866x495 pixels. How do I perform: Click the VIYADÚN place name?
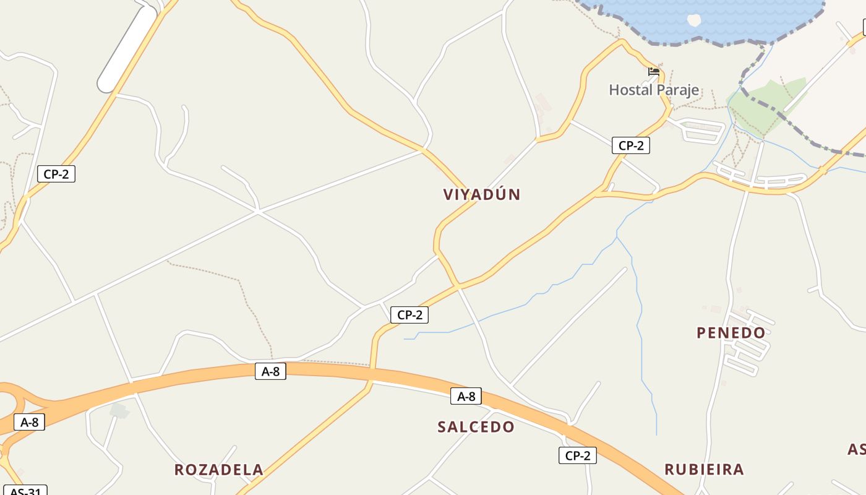(x=482, y=194)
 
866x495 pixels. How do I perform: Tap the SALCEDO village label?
(x=476, y=427)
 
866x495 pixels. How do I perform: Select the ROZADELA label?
(x=219, y=470)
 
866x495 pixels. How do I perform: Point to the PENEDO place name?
(x=731, y=333)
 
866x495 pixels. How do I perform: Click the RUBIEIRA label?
(x=704, y=469)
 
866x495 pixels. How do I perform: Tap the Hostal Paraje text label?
(x=654, y=90)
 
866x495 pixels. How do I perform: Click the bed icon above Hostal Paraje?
(x=654, y=72)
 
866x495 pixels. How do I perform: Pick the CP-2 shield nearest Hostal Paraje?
(x=631, y=145)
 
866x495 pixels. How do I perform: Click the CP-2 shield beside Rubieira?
(x=578, y=456)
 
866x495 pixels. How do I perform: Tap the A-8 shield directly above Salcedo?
(x=466, y=396)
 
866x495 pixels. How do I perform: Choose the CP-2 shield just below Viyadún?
(x=409, y=315)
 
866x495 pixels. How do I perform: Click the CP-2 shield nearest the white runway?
(x=56, y=174)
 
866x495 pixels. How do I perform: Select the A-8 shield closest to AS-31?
(x=29, y=423)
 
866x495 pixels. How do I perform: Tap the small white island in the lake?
(x=694, y=20)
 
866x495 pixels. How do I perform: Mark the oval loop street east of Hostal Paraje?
(x=703, y=131)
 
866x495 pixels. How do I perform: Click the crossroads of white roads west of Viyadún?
(x=258, y=212)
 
